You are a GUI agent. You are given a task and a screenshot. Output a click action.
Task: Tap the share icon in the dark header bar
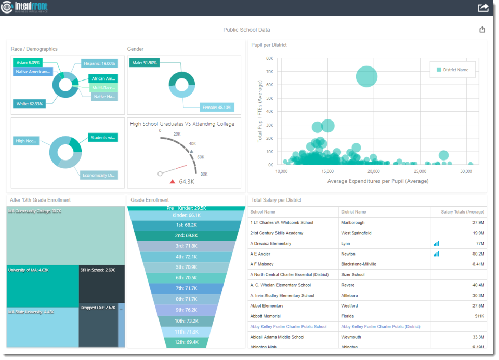coord(483,8)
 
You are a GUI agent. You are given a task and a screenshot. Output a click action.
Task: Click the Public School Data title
coord(246,30)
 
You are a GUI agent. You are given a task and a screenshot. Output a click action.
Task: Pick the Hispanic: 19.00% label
coord(99,63)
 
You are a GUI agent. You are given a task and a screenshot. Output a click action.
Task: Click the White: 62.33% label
coord(30,104)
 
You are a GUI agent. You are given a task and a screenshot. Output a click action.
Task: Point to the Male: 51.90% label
coord(145,63)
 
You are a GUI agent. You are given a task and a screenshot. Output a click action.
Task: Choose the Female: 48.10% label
coord(217,108)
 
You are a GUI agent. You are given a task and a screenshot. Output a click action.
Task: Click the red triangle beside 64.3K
coord(172,181)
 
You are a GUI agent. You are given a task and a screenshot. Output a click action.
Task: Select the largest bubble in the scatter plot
coord(366,76)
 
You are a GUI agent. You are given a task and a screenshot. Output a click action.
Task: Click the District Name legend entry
coord(452,70)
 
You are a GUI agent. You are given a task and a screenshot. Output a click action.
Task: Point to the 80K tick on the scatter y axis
coord(270,58)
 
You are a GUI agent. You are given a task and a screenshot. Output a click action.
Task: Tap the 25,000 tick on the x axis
coord(419,171)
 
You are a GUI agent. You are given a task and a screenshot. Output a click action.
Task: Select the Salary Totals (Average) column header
coord(462,212)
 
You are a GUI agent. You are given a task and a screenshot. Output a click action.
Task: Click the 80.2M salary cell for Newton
coord(478,254)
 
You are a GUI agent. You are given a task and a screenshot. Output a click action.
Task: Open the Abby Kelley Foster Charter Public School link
coord(288,327)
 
